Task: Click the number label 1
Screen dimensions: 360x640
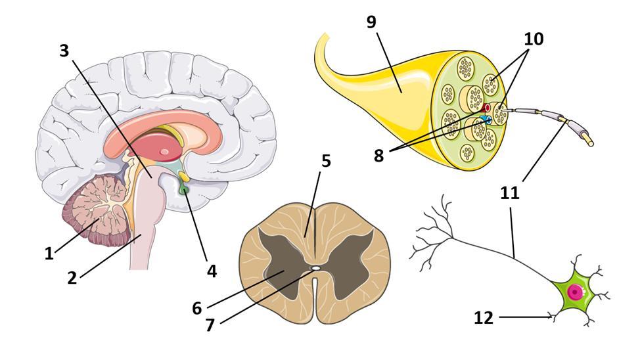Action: pos(49,254)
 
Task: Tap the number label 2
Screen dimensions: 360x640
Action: pos(72,277)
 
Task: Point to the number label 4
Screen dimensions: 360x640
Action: pos(211,270)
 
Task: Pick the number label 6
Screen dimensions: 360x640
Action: pos(196,307)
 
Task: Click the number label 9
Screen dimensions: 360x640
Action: pos(371,22)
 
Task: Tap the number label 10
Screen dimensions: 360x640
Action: pos(534,39)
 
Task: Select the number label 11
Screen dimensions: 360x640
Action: pos(510,192)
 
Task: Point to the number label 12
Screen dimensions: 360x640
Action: pos(483,318)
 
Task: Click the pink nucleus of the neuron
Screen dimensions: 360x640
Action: pos(576,292)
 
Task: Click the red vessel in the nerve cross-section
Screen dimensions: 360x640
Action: pos(487,107)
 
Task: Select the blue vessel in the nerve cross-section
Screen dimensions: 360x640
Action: pos(486,120)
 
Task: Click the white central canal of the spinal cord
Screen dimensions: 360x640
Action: pos(315,268)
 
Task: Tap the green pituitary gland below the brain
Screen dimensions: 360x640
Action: pos(185,190)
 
